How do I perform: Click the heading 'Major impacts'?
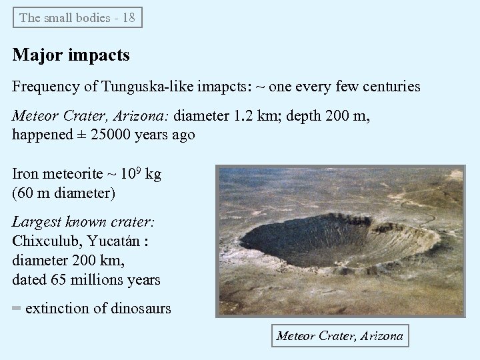[71, 55]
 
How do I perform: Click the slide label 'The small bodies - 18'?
[77, 18]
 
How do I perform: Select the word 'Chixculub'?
[43, 241]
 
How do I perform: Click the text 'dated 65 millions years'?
[86, 279]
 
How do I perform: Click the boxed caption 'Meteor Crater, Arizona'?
[340, 335]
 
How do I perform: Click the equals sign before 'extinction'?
[18, 309]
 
